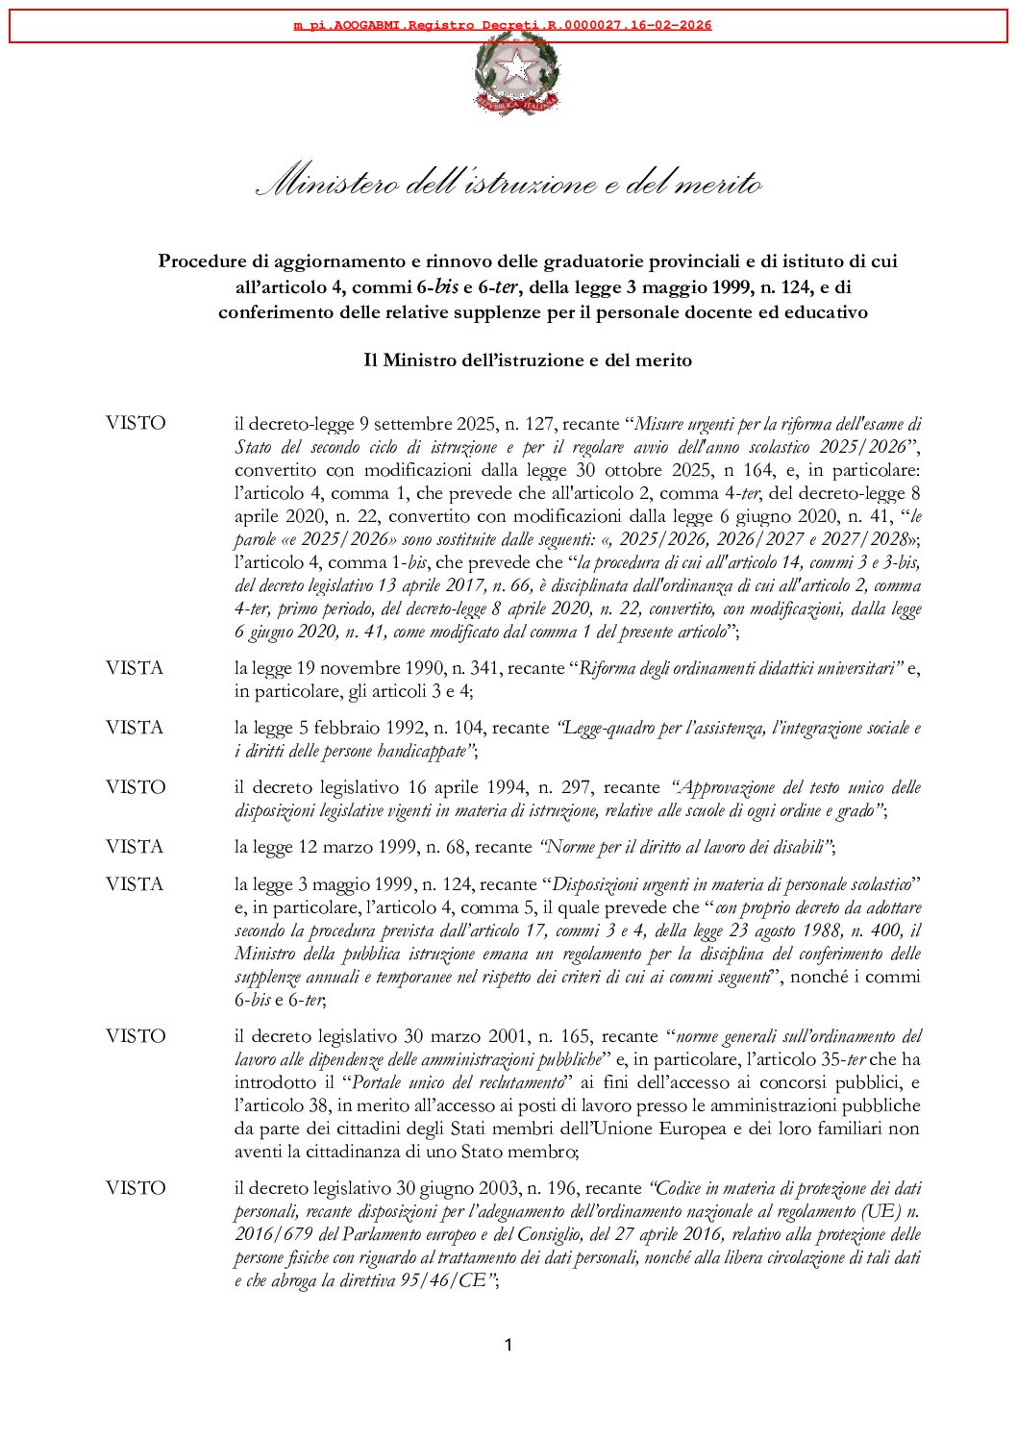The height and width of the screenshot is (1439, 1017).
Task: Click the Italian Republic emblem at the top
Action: click(517, 73)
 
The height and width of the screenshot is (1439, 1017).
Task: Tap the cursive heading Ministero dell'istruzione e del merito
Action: click(509, 182)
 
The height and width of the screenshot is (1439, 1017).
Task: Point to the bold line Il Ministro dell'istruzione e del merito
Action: click(528, 360)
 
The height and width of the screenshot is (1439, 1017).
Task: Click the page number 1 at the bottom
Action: click(508, 1345)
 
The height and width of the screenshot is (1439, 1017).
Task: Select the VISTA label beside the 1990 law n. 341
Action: click(135, 668)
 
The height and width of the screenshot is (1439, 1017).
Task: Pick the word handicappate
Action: click(423, 751)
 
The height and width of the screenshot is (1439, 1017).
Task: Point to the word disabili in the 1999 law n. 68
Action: click(797, 847)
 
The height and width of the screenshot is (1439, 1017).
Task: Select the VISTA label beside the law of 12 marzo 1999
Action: click(135, 847)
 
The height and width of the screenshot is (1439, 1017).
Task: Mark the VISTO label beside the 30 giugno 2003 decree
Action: click(136, 1188)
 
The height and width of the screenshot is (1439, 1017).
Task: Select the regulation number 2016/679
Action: click(273, 1234)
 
